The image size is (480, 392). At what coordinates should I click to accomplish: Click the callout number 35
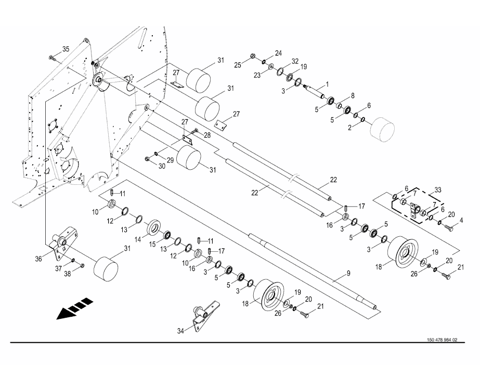point(66,49)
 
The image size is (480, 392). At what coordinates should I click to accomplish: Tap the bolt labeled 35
point(51,58)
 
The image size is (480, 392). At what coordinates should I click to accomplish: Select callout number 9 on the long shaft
point(348,274)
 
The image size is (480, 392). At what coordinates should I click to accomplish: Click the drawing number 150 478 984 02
point(442,340)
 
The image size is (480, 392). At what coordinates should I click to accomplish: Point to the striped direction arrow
point(75,308)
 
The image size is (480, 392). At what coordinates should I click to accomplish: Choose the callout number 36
point(38,259)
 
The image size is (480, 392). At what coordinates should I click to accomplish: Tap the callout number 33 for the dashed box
point(438,190)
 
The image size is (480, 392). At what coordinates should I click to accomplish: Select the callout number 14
point(138,240)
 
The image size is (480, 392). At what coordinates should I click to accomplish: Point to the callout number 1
point(327,84)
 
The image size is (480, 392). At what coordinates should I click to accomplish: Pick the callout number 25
point(238,65)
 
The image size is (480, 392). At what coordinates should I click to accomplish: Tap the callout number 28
point(207,136)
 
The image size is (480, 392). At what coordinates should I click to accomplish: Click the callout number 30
point(162,166)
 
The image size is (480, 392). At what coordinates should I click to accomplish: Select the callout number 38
point(68,274)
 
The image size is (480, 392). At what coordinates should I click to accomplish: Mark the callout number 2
point(350,128)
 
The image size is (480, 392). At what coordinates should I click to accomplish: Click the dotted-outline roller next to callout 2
point(382,130)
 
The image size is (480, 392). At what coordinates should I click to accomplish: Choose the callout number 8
point(353,96)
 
